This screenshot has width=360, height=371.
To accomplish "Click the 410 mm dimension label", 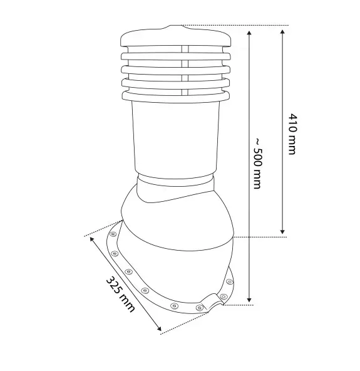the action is (292, 134).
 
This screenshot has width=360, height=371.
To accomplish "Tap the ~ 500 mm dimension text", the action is (257, 164).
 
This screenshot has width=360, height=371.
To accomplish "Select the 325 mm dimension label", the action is (120, 294).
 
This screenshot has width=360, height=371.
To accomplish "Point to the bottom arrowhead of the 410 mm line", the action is (282, 232).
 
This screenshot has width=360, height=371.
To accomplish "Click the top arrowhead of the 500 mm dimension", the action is (249, 33).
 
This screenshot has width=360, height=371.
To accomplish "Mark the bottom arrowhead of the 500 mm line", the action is (249, 300).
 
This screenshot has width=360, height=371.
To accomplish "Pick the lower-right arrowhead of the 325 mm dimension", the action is (159, 328).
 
